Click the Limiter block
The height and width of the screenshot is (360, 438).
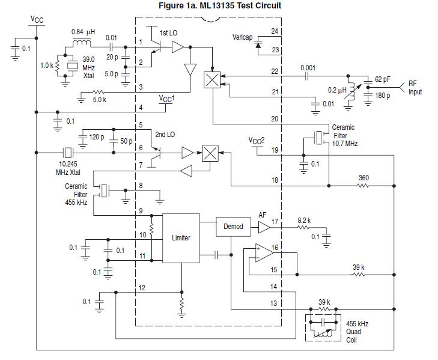[x=181, y=238]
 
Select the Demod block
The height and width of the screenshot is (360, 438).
[x=233, y=227]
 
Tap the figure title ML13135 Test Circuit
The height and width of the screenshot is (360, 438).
[x=219, y=6]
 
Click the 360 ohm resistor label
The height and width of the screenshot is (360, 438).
[x=363, y=178]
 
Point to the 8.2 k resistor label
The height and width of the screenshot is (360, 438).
[x=305, y=221]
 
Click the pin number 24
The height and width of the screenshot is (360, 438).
[x=275, y=31]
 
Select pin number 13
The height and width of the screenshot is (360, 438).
[x=274, y=303]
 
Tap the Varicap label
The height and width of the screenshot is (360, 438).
[x=243, y=37]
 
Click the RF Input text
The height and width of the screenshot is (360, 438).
[x=415, y=88]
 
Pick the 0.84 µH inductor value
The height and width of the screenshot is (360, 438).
[x=82, y=31]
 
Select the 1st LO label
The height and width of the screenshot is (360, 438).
[x=168, y=31]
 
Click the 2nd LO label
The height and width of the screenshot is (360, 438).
[x=165, y=135]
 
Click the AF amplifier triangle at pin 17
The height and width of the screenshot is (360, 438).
[x=264, y=227]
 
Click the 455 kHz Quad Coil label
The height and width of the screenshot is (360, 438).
[x=357, y=331]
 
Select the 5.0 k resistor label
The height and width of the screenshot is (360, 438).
[x=100, y=100]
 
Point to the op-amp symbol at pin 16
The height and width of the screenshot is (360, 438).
[x=262, y=253]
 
